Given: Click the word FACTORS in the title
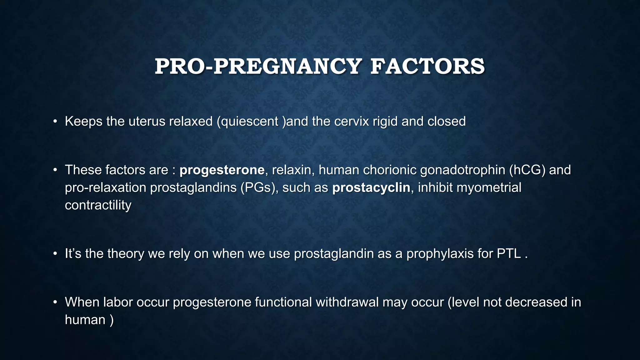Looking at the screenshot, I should (427, 67).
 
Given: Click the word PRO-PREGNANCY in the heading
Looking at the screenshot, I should (258, 67).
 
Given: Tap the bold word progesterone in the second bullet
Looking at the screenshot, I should (222, 170).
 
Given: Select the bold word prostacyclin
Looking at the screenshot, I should (371, 187).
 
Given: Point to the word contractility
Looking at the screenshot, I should (98, 205).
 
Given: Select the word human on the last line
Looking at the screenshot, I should (85, 320).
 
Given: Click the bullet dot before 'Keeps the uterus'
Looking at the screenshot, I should (55, 121).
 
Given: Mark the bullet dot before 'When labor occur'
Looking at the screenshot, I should (55, 302).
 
